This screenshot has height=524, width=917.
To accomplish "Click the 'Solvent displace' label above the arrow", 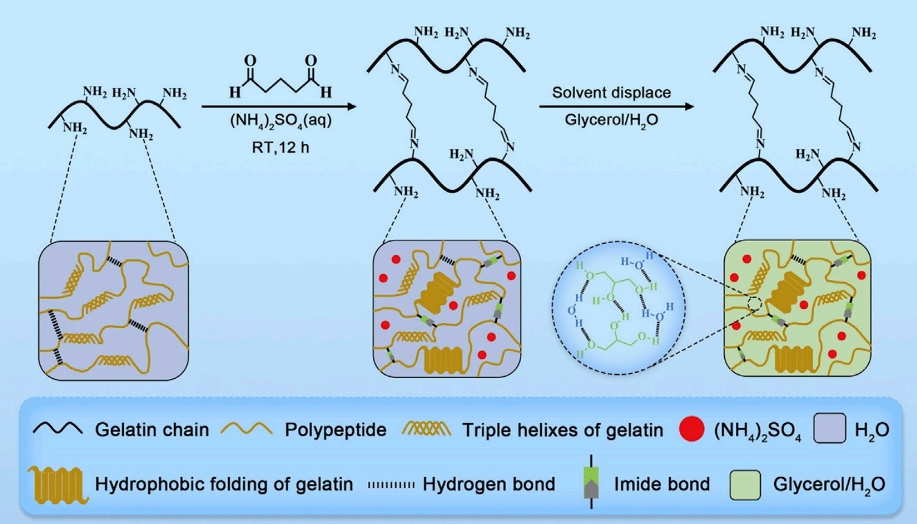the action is (x=611, y=93).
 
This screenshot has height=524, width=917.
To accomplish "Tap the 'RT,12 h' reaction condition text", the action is (x=280, y=147).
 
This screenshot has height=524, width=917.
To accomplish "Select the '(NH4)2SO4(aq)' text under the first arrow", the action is (x=280, y=122).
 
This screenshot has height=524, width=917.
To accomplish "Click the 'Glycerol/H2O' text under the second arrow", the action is (x=612, y=121).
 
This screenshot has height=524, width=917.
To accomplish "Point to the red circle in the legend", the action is (x=691, y=428).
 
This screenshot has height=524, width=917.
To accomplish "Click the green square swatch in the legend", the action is (x=746, y=485).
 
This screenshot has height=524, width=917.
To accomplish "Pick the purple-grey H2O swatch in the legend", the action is (x=830, y=428).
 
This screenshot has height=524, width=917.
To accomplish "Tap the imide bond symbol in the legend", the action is (x=592, y=482).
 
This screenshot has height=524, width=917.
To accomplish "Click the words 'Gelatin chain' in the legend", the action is (x=152, y=430).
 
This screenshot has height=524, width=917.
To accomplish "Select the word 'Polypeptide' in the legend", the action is (x=336, y=430).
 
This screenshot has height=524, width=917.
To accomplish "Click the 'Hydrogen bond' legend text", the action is (x=489, y=484).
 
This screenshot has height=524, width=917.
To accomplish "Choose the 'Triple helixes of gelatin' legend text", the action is (x=562, y=430).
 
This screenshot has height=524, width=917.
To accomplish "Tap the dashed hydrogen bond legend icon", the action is (x=391, y=485).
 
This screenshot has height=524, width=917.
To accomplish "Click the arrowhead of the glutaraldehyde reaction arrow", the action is (x=351, y=107).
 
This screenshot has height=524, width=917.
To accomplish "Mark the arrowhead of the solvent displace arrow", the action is (x=689, y=107).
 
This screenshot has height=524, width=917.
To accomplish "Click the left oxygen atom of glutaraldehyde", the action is (x=250, y=61).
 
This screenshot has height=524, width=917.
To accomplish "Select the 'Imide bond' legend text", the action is (x=662, y=484).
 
